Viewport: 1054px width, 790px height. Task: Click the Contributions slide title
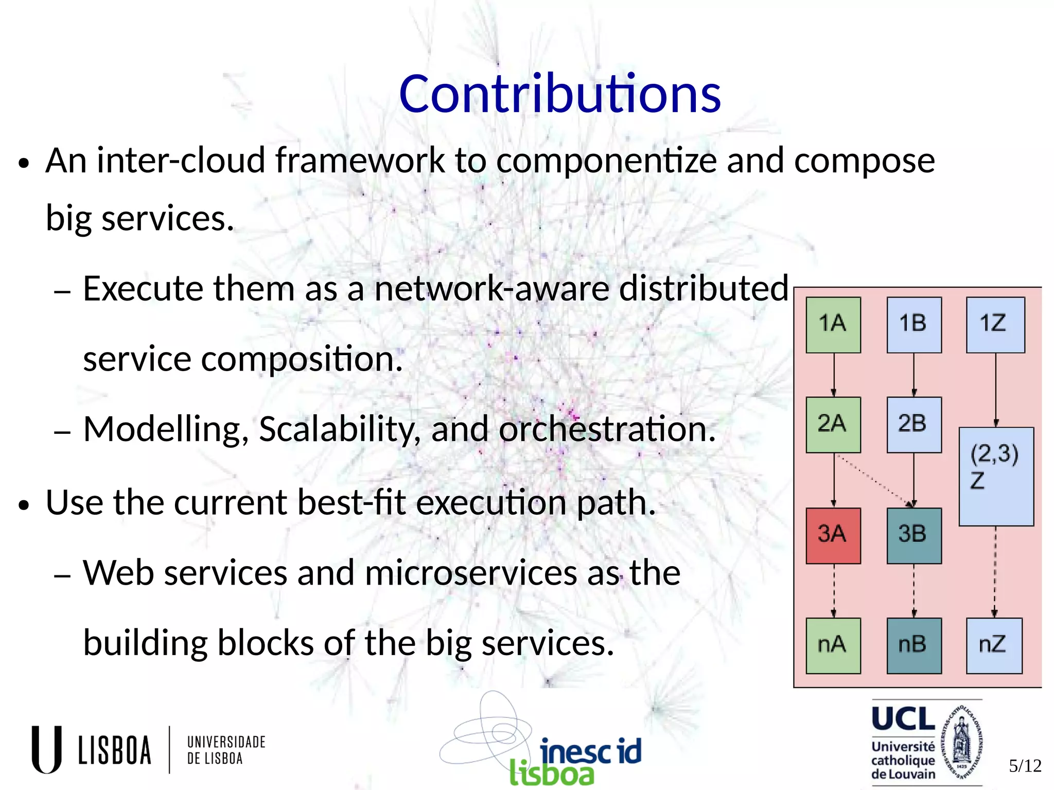pyautogui.click(x=560, y=94)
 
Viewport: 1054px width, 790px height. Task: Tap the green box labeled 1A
pyautogui.click(x=833, y=325)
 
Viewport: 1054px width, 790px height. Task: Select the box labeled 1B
pyautogui.click(x=914, y=325)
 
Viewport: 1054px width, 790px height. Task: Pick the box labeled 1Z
pyautogui.click(x=995, y=325)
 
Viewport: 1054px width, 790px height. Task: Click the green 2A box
pyautogui.click(x=833, y=425)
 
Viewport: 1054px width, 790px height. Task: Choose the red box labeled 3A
pyautogui.click(x=833, y=535)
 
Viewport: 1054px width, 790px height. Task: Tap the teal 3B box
pyautogui.click(x=914, y=535)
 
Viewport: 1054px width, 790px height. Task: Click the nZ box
pyautogui.click(x=994, y=645)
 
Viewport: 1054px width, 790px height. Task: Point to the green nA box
pyautogui.click(x=833, y=645)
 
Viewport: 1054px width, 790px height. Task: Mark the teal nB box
pyautogui.click(x=914, y=645)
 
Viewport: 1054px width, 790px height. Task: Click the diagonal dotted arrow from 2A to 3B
pyautogui.click(x=874, y=479)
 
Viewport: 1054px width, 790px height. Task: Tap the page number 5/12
pyautogui.click(x=1025, y=766)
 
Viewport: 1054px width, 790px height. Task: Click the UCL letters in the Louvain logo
pyautogui.click(x=903, y=719)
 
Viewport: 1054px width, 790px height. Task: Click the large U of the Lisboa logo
pyautogui.click(x=47, y=749)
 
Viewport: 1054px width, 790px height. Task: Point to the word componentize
pyautogui.click(x=606, y=161)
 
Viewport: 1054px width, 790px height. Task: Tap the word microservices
pyautogui.click(x=470, y=573)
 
